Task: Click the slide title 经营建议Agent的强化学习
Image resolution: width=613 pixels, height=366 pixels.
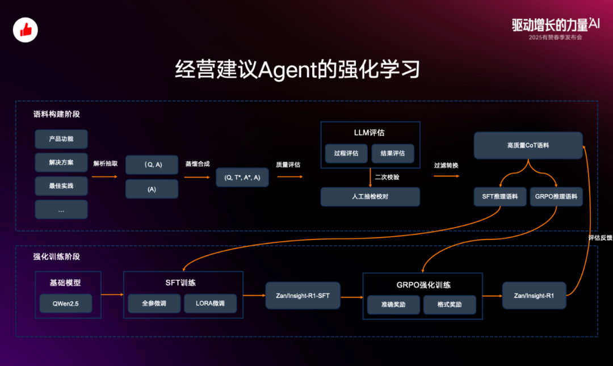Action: (x=298, y=70)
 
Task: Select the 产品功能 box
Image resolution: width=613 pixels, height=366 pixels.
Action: (x=61, y=139)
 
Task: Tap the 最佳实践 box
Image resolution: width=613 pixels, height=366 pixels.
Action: (x=61, y=186)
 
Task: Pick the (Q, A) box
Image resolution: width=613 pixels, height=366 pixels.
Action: (x=152, y=165)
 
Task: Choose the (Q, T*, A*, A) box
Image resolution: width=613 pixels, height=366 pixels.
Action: (x=242, y=177)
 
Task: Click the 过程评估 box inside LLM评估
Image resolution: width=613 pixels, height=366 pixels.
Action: (x=346, y=153)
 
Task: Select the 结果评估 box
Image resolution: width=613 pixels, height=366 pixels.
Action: (x=393, y=153)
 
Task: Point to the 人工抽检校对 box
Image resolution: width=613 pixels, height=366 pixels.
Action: (x=370, y=197)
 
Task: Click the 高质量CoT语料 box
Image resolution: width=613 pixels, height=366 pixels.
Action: (x=528, y=145)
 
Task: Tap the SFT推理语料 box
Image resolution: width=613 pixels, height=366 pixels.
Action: (x=500, y=196)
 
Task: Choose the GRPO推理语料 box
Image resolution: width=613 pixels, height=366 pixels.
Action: (x=556, y=196)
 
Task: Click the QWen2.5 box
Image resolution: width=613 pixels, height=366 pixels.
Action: (x=65, y=304)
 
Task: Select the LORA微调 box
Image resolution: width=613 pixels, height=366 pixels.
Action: (x=209, y=304)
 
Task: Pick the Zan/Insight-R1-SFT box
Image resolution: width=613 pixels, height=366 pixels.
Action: (x=303, y=296)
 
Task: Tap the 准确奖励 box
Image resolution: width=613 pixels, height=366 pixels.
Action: (x=393, y=305)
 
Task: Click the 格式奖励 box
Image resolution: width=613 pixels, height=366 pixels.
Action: (x=450, y=305)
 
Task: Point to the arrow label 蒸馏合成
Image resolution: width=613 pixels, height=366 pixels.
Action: (x=197, y=164)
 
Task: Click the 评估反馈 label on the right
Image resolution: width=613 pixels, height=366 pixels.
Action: (x=601, y=238)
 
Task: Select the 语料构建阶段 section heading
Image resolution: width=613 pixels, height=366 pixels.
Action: (x=57, y=114)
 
